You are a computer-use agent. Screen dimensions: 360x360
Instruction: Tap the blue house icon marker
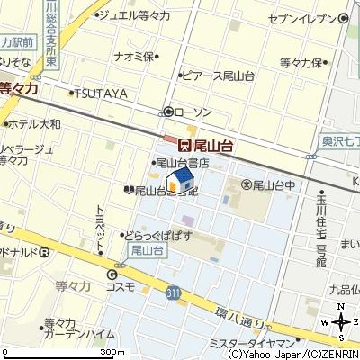coord(180,181)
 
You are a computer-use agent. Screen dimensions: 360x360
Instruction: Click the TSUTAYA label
coord(100,93)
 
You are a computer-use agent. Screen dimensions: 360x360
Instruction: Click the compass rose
coord(340,322)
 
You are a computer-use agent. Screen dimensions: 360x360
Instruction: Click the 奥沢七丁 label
coord(340,141)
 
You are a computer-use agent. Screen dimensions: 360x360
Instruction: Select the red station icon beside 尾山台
coord(184,143)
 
